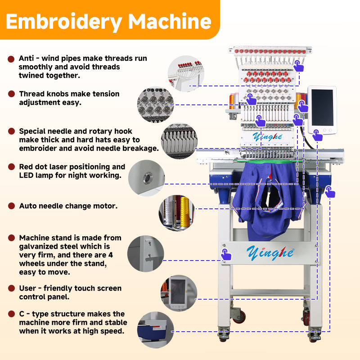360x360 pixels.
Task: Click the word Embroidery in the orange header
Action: click(64, 22)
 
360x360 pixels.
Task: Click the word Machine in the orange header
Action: click(170, 21)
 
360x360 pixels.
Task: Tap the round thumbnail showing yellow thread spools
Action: click(176, 213)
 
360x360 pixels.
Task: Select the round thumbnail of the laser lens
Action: click(147, 178)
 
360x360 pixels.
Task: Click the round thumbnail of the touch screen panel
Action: click(179, 293)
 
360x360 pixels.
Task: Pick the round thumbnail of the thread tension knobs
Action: click(155, 104)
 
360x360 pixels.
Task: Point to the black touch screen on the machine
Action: click(322, 108)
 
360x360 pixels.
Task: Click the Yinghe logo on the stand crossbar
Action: click(270, 253)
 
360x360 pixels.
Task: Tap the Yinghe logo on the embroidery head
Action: click(267, 137)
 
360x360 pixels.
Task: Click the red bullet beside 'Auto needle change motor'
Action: click(11, 206)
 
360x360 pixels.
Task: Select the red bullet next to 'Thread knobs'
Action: click(11, 94)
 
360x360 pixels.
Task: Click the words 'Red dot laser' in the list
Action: click(43, 166)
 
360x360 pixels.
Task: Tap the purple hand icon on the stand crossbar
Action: click(226, 254)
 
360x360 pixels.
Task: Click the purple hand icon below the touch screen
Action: click(317, 135)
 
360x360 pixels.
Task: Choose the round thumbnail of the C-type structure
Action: click(155, 330)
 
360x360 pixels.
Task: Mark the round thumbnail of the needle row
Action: click(179, 141)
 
